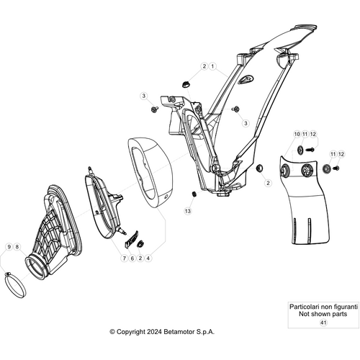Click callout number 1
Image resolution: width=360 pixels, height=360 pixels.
(x=212, y=66)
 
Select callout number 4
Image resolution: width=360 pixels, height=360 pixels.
(x=148, y=258)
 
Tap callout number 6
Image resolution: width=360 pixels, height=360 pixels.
(x=132, y=258)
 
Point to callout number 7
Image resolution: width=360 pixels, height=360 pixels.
(x=124, y=258)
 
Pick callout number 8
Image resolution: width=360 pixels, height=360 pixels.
(x=17, y=247)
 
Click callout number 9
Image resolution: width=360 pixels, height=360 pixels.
(x=9, y=247)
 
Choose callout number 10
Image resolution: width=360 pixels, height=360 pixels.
(x=297, y=134)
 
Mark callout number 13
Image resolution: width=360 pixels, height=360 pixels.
(x=188, y=211)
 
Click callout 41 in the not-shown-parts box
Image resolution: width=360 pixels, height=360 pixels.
(x=323, y=323)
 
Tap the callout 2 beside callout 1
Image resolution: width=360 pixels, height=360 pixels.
(x=204, y=66)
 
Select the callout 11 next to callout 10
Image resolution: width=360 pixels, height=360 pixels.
(x=305, y=134)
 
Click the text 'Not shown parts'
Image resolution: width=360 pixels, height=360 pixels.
(x=323, y=314)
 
